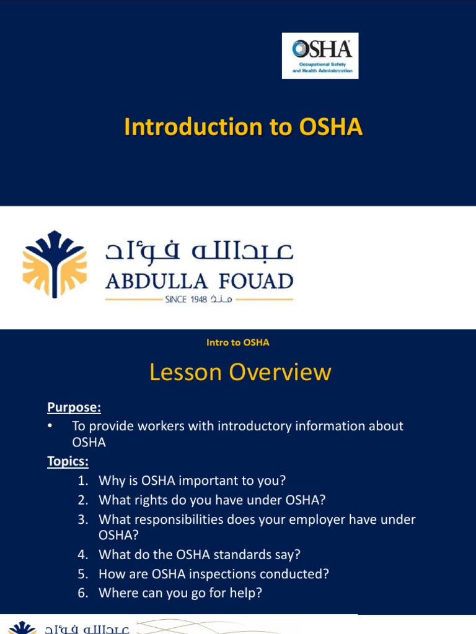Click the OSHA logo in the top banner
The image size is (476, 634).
(x=320, y=56)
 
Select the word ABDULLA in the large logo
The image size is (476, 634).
(x=156, y=282)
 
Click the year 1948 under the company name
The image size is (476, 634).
(x=195, y=300)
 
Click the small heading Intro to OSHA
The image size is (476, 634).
(x=238, y=342)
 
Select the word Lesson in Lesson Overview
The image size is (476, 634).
(x=185, y=373)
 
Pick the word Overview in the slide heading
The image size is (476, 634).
(x=280, y=373)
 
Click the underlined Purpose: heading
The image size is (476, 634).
(x=74, y=407)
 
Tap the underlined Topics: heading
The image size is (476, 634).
(x=68, y=462)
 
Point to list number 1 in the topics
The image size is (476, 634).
(x=83, y=481)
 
